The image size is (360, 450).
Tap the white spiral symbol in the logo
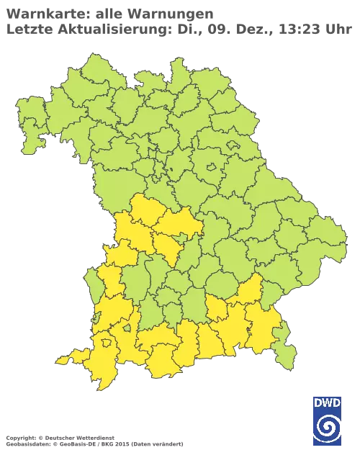[x=328, y=429]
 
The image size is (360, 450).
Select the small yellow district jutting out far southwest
[x=67, y=359]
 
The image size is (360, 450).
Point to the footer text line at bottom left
[x=94, y=438]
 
